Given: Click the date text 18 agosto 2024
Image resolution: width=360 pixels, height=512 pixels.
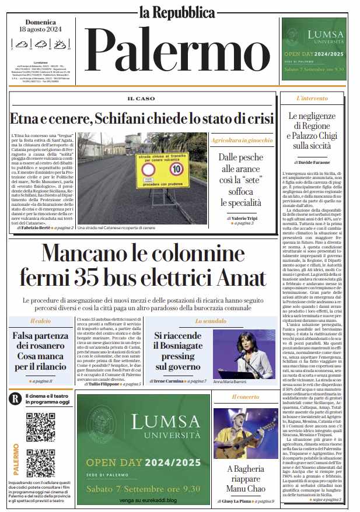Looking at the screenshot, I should click(41, 29).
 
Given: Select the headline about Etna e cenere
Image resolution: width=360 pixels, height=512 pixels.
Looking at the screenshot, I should click(141, 117).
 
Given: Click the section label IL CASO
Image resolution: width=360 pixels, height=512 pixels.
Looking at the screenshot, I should click(142, 99).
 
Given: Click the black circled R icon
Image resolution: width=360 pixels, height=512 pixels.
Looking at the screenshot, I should click(16, 398).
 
